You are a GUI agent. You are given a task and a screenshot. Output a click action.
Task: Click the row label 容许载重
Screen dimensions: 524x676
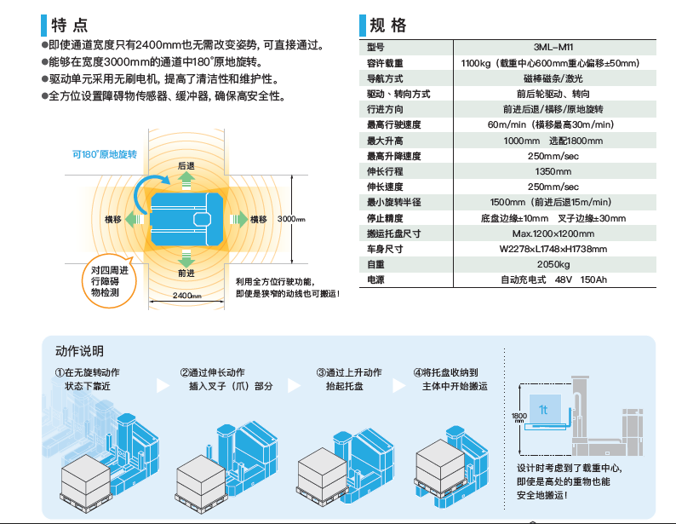coord(385,63)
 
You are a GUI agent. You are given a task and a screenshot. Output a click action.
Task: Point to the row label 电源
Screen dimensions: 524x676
coord(375,279)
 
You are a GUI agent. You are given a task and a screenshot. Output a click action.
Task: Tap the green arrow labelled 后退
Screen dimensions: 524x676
coord(186,177)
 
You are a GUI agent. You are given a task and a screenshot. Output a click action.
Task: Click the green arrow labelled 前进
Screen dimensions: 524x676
coord(186,258)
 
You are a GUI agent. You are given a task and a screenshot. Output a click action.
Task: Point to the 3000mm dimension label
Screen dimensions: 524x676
coord(291,219)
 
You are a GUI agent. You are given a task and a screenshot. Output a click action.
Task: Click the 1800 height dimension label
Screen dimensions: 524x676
coord(518,416)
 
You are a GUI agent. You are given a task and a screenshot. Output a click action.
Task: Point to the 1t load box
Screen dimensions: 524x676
coord(544,411)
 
